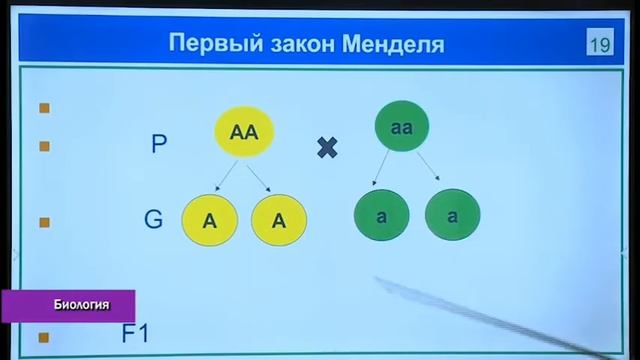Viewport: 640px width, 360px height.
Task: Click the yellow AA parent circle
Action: tap(244, 132)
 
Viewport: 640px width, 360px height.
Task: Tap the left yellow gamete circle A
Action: tap(209, 221)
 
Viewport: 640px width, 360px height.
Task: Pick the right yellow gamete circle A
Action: tap(279, 221)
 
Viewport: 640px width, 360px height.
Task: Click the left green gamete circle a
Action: tap(382, 217)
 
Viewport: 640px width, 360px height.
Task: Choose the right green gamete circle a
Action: tap(452, 217)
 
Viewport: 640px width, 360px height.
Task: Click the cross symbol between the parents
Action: tap(327, 148)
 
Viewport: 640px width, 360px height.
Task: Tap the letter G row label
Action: tap(153, 220)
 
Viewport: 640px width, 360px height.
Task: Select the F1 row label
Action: tap(135, 333)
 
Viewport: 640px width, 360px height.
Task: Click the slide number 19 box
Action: tap(600, 44)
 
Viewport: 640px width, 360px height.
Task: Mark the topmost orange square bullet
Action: tap(44, 108)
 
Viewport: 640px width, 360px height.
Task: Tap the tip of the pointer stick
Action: tap(379, 281)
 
